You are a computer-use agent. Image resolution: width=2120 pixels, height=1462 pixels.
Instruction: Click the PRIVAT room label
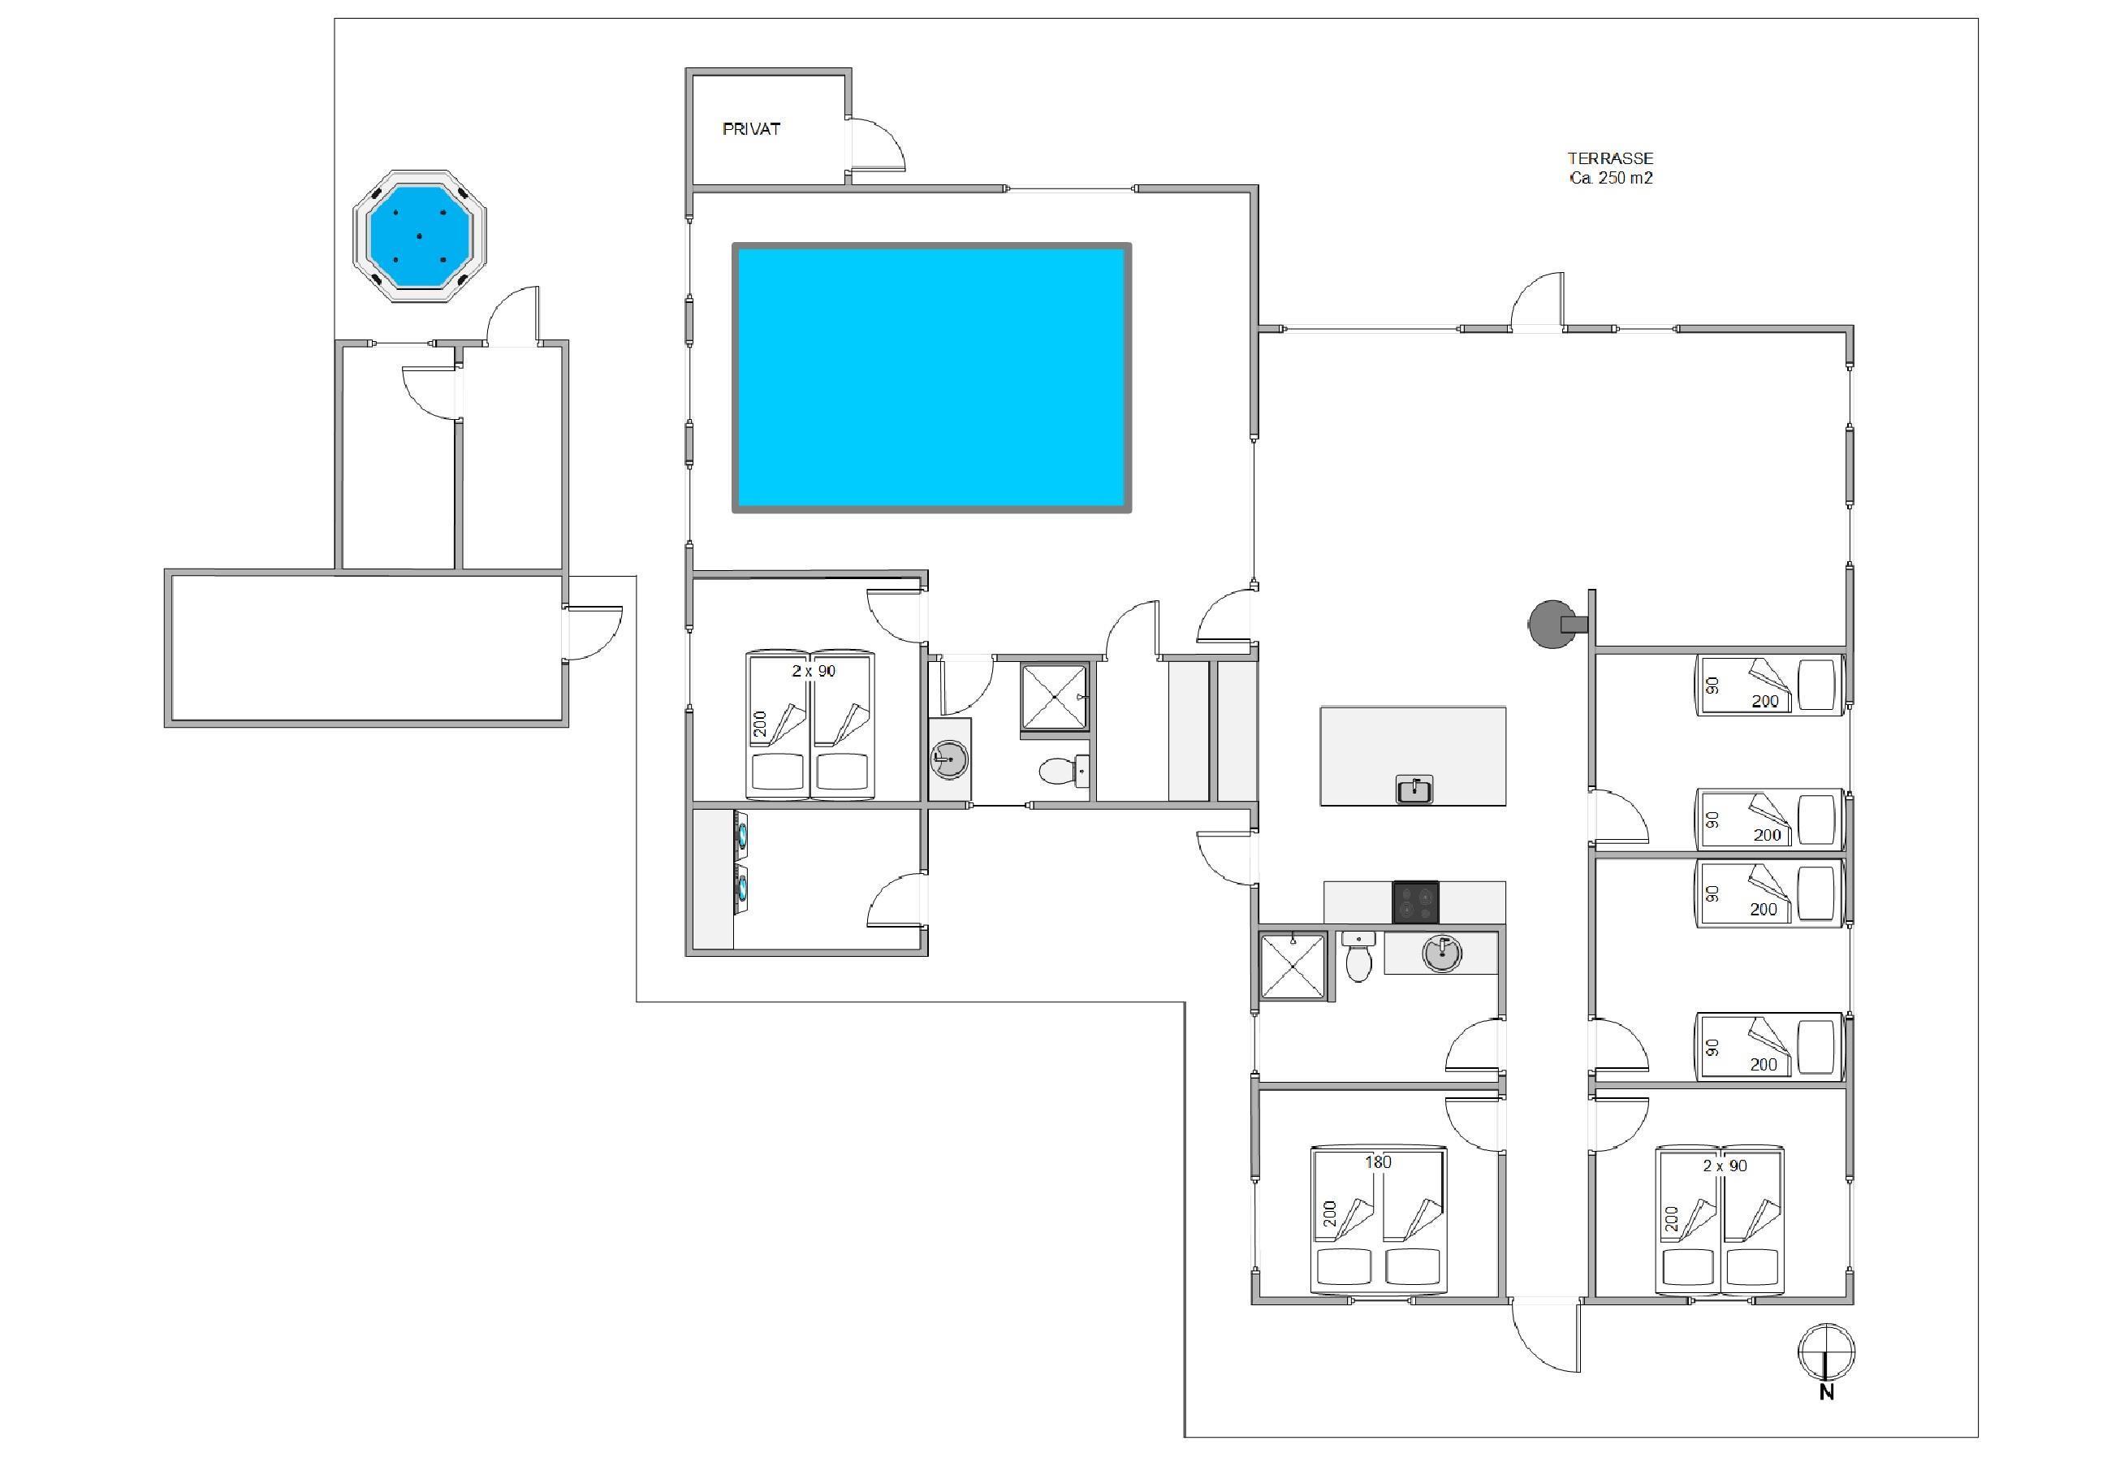tap(751, 129)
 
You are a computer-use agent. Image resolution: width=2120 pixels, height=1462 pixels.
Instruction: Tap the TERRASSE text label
tap(1610, 158)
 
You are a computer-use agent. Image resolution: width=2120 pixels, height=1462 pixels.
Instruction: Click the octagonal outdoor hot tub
tap(420, 236)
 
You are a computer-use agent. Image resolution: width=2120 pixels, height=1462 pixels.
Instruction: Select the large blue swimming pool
tap(931, 378)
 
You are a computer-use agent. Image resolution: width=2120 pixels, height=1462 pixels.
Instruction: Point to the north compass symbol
tap(1826, 1353)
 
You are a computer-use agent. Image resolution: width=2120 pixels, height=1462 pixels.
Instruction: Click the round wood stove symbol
tap(1552, 624)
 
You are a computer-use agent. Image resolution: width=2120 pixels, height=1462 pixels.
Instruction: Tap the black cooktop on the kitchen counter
tap(1415, 902)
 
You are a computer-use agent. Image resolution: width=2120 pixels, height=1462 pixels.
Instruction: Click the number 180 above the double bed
tap(1378, 1161)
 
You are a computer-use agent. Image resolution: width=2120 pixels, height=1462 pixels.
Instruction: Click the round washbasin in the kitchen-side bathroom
tap(1442, 953)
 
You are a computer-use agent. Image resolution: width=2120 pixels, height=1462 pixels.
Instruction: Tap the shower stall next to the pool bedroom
tap(1054, 697)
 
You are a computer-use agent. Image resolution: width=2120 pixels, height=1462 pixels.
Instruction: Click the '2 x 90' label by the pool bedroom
tap(814, 671)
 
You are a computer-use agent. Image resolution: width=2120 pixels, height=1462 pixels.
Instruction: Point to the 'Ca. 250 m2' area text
tap(1611, 179)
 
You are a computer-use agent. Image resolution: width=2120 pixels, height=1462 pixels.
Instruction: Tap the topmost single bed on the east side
tap(1768, 684)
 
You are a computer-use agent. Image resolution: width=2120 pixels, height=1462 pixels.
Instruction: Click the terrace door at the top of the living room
tap(1537, 301)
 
